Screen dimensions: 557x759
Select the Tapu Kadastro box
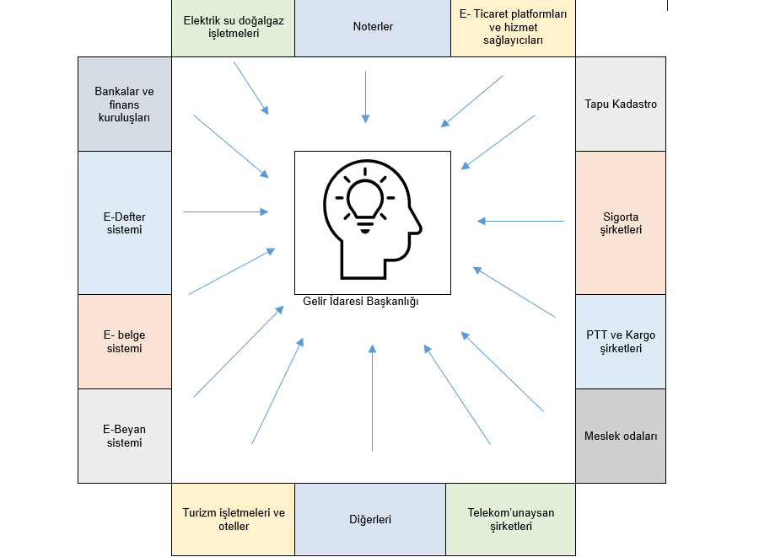click(621, 104)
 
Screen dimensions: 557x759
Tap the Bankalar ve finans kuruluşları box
click(125, 104)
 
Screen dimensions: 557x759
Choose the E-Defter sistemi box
click(125, 223)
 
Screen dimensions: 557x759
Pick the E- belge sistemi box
click(125, 341)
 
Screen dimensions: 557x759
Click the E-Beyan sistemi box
click(125, 436)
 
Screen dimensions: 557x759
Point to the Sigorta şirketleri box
click(621, 223)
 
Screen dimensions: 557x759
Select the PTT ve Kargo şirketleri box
click(621, 341)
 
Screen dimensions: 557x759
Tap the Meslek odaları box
click(621, 436)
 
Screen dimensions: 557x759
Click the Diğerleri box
click(370, 519)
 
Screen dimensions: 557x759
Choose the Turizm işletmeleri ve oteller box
click(234, 519)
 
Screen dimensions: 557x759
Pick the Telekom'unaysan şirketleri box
click(511, 519)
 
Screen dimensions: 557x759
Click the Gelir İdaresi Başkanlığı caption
click(361, 302)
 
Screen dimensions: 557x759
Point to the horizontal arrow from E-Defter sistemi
click(226, 212)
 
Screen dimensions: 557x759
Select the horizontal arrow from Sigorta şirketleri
click(520, 222)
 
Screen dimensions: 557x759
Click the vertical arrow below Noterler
click(365, 97)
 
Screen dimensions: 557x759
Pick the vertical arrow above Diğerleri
click(372, 397)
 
